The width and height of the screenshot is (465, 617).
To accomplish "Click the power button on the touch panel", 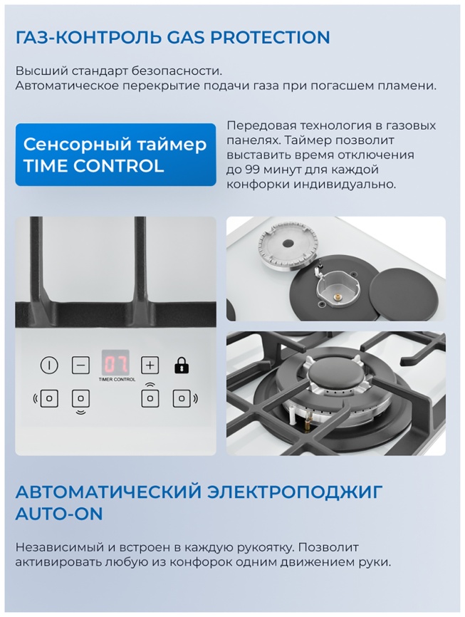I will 48,365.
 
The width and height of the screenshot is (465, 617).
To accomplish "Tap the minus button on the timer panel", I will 81,365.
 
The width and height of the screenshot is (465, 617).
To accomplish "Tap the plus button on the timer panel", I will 150,365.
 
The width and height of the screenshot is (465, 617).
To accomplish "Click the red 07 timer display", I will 115,364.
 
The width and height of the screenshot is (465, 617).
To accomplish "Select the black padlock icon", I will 182,366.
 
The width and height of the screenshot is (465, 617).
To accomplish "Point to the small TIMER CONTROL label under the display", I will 116,380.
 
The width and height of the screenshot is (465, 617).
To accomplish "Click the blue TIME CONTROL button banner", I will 115,155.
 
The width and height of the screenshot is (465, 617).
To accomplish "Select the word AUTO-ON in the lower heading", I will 59,513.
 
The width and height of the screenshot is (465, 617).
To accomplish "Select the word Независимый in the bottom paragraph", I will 60,547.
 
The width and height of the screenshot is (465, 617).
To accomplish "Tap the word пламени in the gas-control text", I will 408,85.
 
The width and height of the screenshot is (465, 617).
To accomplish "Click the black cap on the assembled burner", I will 334,375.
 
